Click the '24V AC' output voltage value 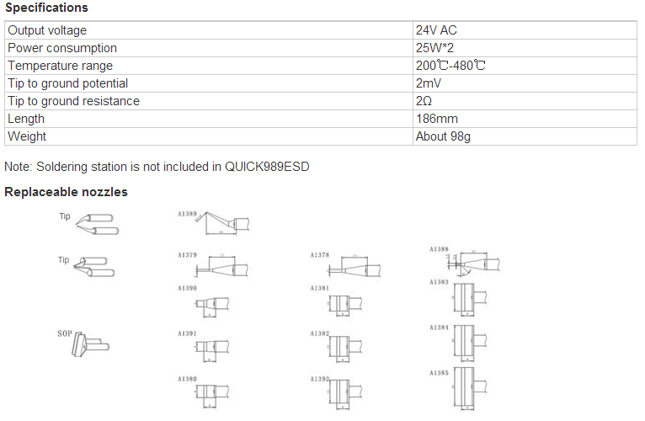click(436, 30)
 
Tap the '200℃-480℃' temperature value click(450, 66)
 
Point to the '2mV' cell click(429, 83)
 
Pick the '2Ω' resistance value click(424, 101)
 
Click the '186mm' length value click(436, 119)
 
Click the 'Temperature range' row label click(60, 66)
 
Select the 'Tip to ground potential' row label click(67, 83)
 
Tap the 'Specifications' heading click(46, 8)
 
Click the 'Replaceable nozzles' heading click(66, 192)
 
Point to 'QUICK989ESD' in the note click(267, 167)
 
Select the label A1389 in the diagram click(187, 214)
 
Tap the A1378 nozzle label click(319, 253)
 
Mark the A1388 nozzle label click(439, 249)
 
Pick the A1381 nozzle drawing click(341, 304)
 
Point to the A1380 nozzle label click(187, 378)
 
